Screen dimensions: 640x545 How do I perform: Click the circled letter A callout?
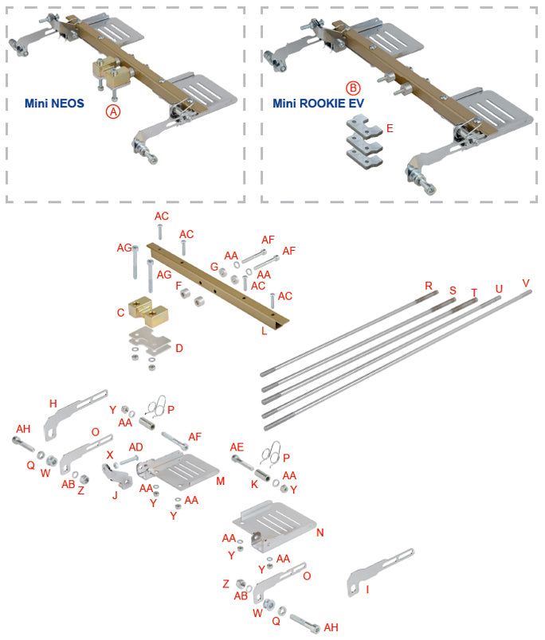pos(113,112)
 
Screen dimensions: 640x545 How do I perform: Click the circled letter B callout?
pos(353,88)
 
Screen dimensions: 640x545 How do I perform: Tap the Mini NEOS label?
pos(55,103)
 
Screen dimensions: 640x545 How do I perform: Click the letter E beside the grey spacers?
pos(390,127)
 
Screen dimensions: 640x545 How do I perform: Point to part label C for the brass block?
pos(120,313)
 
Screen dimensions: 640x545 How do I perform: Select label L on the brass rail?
pos(264,330)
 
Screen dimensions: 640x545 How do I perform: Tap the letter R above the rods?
pos(429,285)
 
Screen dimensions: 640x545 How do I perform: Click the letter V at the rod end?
pos(525,283)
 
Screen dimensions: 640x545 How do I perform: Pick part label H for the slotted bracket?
pos(53,404)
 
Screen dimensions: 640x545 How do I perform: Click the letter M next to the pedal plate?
pos(221,481)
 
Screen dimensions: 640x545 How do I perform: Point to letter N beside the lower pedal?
pos(320,533)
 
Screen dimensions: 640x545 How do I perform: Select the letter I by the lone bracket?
pos(367,590)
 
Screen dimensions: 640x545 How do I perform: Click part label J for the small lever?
pos(115,494)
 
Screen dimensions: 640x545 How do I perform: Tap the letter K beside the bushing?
pos(254,483)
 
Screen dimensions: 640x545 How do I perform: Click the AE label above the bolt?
pos(237,447)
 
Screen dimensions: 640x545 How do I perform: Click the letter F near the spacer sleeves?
pos(179,284)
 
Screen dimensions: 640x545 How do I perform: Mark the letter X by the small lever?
pos(110,455)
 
